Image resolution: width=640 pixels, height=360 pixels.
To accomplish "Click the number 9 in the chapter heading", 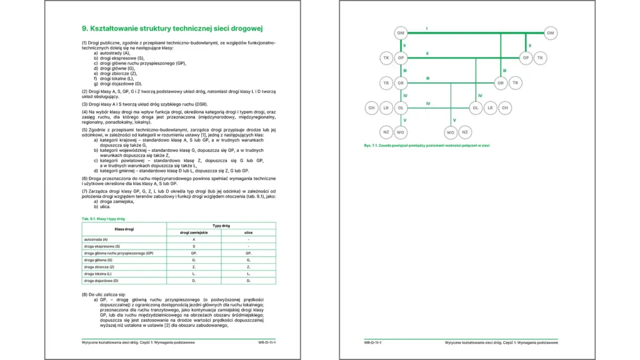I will click(84, 28).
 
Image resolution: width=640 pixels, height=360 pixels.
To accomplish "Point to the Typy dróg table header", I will click(221, 226).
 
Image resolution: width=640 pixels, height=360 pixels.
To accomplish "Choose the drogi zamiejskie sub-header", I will click(194, 232).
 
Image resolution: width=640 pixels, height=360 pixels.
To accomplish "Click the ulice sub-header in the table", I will click(248, 232).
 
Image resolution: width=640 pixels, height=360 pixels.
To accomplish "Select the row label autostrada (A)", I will click(96, 239).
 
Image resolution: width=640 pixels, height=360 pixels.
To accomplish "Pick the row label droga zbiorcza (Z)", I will click(99, 267).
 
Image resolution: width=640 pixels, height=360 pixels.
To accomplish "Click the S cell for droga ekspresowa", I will click(194, 246).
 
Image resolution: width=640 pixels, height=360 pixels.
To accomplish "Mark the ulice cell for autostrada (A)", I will click(248, 239).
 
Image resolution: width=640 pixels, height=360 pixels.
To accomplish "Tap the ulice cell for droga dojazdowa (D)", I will click(248, 281).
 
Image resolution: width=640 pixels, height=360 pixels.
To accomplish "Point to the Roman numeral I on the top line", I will click(427, 29).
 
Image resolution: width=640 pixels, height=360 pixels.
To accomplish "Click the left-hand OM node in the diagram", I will click(401, 32).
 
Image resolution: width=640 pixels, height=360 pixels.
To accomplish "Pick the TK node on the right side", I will click(541, 57).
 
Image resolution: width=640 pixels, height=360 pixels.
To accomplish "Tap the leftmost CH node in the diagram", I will click(371, 107).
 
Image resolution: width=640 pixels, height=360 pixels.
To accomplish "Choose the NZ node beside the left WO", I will click(386, 132).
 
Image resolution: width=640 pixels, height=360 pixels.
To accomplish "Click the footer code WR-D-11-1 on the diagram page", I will click(373, 342).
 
